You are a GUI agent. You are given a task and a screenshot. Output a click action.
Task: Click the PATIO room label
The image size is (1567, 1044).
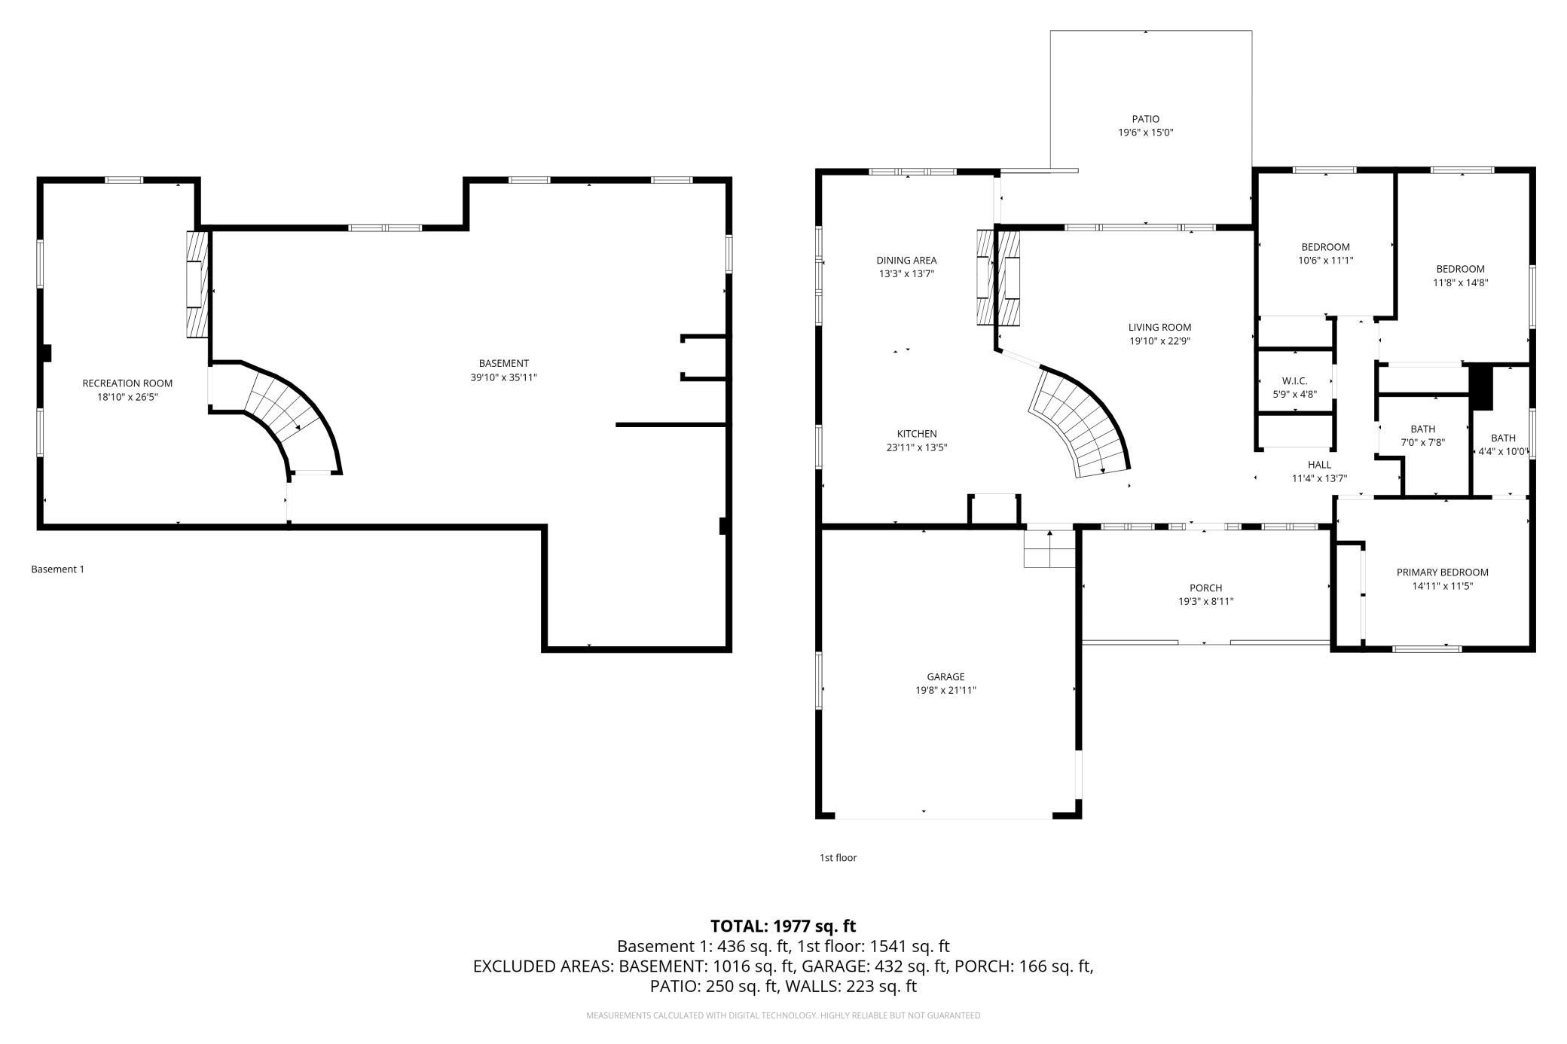(1145, 119)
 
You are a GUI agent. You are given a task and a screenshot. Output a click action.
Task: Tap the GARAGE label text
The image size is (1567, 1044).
(945, 676)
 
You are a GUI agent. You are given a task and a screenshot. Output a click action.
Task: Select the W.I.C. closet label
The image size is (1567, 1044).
(1294, 380)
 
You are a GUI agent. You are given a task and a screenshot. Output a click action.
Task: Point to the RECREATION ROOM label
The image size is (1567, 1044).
(127, 383)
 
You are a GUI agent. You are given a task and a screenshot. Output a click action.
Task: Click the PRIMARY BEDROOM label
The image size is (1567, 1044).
(1442, 572)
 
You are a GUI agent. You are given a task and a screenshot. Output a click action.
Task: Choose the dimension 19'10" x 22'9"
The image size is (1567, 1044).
(1159, 341)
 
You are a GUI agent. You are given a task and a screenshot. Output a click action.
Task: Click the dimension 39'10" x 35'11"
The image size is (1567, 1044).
(503, 377)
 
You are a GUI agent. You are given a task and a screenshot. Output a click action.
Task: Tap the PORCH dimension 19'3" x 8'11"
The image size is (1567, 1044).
(1205, 602)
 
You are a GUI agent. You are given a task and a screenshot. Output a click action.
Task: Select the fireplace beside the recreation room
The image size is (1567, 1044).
(197, 283)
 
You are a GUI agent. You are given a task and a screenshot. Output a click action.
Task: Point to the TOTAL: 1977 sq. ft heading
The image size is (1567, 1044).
(783, 926)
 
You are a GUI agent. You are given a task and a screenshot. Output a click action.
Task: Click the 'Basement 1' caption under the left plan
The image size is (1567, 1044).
(57, 569)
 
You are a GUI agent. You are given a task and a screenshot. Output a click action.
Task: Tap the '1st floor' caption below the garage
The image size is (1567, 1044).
(838, 857)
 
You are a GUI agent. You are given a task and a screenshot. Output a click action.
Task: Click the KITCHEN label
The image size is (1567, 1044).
(916, 434)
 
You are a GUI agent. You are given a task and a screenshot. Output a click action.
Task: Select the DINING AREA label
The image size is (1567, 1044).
(906, 261)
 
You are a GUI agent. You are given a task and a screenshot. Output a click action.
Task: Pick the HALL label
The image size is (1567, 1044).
(1319, 465)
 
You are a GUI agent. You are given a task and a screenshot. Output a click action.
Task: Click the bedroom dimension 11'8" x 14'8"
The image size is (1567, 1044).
(1460, 283)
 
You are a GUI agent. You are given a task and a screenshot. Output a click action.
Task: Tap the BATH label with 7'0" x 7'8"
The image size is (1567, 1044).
(1422, 429)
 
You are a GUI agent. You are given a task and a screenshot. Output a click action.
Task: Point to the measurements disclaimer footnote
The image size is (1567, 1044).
(783, 1016)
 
